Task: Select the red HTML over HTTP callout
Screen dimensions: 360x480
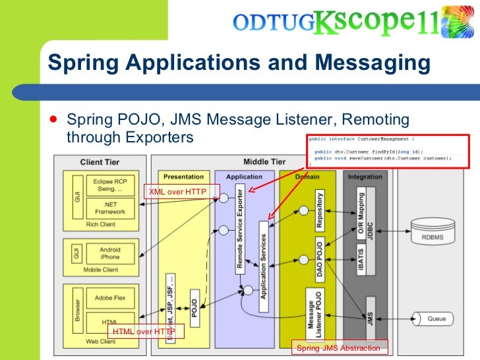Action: click(144, 331)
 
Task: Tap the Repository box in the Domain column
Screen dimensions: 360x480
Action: click(320, 210)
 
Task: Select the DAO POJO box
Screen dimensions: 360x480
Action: click(320, 259)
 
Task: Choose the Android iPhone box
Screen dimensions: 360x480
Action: click(110, 253)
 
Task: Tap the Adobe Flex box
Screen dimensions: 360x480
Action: click(110, 298)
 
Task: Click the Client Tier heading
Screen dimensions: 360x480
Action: click(100, 162)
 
